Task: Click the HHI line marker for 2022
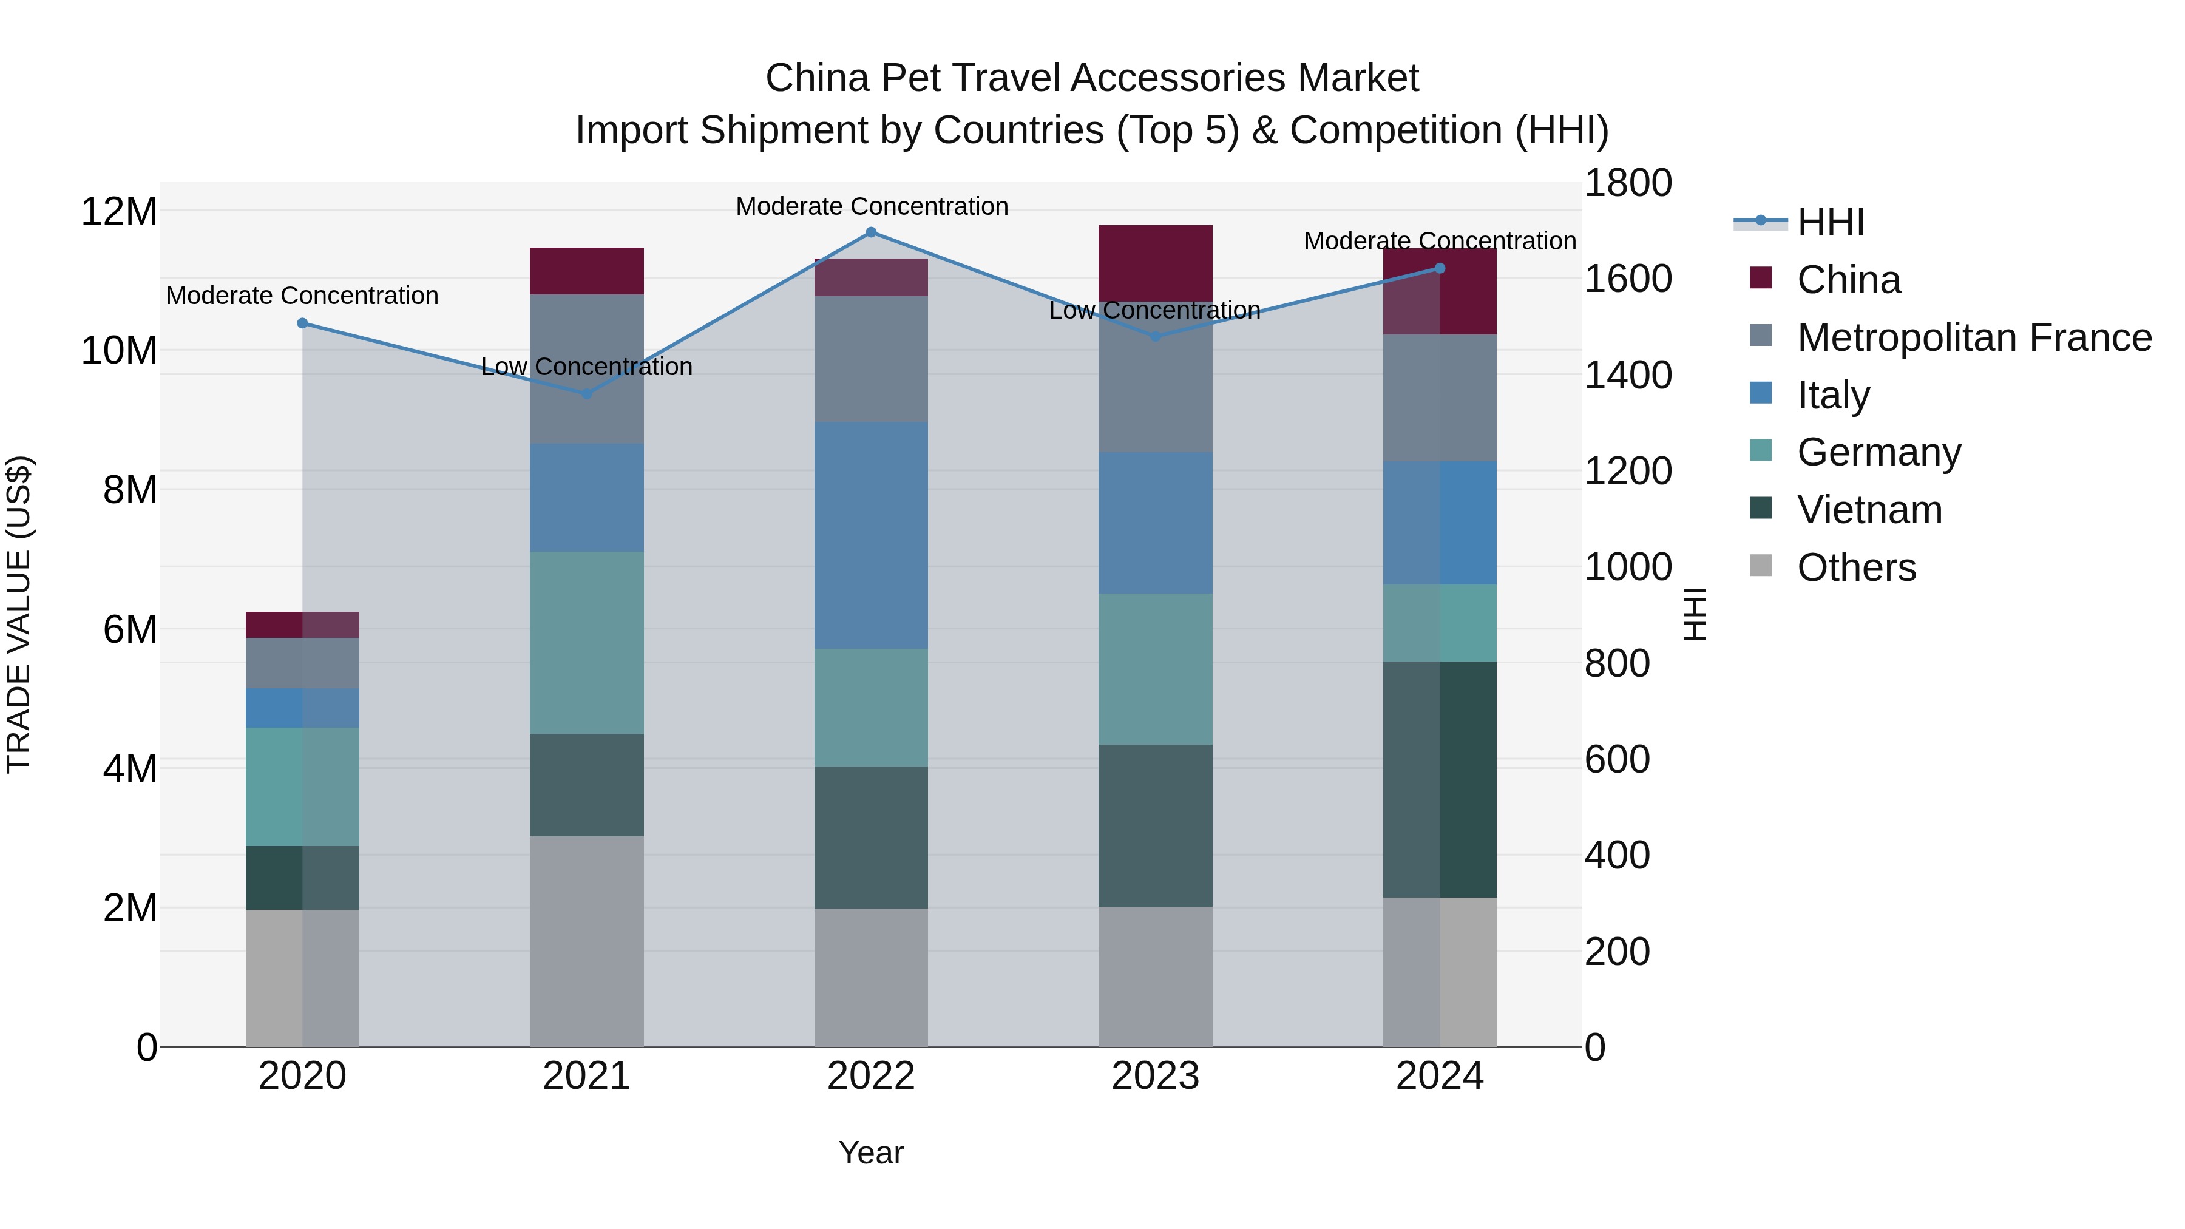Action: (x=870, y=232)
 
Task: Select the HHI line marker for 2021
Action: (x=586, y=393)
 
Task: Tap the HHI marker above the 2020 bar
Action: (x=303, y=323)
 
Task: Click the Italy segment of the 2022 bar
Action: (x=870, y=535)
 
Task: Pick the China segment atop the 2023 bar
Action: (x=1154, y=263)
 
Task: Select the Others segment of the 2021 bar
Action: (x=586, y=941)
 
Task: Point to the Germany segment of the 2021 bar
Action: (x=586, y=642)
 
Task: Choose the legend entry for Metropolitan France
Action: (x=1974, y=337)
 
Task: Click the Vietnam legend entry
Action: (x=1869, y=510)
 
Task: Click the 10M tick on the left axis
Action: (x=119, y=350)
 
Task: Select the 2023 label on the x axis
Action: (x=1154, y=1076)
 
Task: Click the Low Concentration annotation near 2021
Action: (x=586, y=367)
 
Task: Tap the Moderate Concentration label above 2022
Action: (x=871, y=206)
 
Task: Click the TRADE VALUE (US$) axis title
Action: (x=19, y=614)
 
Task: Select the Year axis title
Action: (x=870, y=1153)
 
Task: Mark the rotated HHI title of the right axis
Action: (x=1694, y=614)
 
